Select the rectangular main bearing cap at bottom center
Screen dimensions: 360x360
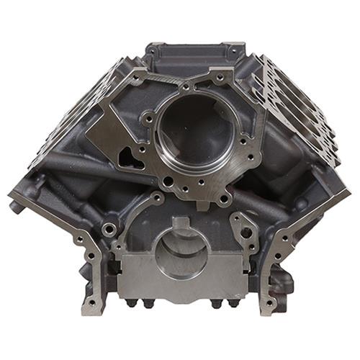coord(180,277)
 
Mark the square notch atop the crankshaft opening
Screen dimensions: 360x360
coord(181,229)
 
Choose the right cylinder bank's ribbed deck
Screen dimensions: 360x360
coord(299,108)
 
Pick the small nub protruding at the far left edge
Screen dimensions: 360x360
coord(14,206)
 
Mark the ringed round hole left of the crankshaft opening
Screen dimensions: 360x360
coord(109,230)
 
